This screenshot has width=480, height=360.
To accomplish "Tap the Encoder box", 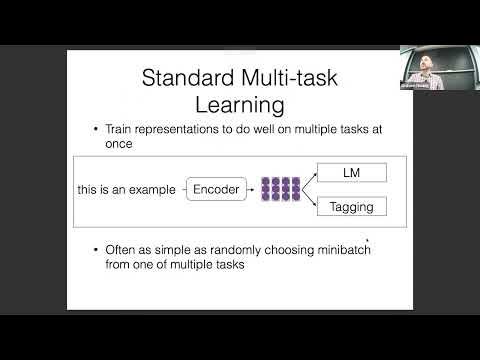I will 216,188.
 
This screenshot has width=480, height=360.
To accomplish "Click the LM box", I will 350,173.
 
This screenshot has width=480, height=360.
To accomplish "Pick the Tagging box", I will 350,207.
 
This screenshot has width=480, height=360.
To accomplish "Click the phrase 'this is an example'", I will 126,188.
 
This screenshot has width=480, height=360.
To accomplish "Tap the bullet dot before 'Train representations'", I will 94,130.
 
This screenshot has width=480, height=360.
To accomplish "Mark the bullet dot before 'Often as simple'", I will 94,248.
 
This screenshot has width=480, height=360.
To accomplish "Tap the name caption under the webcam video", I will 423,84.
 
